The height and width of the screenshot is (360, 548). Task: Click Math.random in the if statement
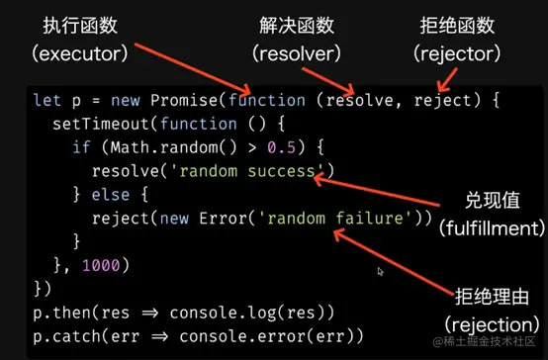[x=152, y=147]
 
